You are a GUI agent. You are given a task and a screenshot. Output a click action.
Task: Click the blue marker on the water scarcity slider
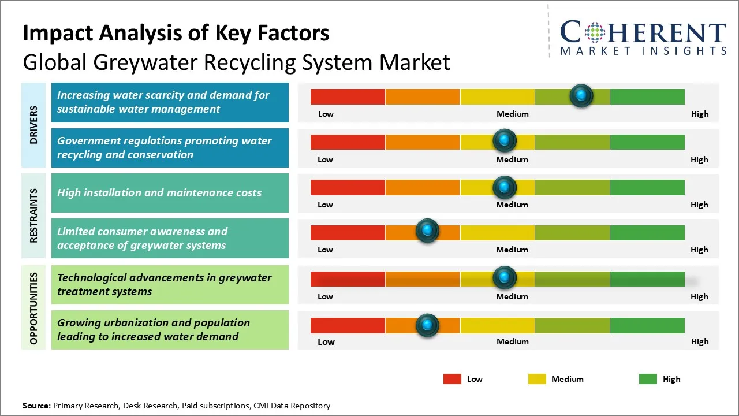581,95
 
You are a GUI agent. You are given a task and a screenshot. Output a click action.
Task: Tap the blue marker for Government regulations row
505,140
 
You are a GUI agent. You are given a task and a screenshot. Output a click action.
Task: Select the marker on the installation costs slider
505,187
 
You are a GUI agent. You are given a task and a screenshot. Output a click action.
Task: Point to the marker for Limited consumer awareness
427,231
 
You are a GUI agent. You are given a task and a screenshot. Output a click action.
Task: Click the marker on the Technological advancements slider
505,278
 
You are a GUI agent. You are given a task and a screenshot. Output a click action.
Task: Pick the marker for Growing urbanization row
427,325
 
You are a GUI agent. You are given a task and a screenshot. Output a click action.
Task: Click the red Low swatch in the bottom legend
452,379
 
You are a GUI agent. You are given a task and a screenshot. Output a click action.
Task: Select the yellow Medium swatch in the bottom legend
537,379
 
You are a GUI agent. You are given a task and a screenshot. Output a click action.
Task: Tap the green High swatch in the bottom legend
648,379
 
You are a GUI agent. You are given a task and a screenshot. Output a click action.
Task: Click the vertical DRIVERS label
33,125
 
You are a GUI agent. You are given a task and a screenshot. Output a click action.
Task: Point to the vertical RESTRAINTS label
33,216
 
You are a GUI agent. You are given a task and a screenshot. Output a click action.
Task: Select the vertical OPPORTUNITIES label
33,308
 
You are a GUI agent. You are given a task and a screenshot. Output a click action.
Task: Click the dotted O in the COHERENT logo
595,33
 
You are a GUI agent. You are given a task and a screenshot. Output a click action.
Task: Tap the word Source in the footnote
36,406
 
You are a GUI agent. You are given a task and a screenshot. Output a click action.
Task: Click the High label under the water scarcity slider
699,114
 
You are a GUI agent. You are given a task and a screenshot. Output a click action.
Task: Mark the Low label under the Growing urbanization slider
326,341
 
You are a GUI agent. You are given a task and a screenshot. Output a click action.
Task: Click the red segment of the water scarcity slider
348,96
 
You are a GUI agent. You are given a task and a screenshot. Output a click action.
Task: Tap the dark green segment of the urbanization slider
647,325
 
